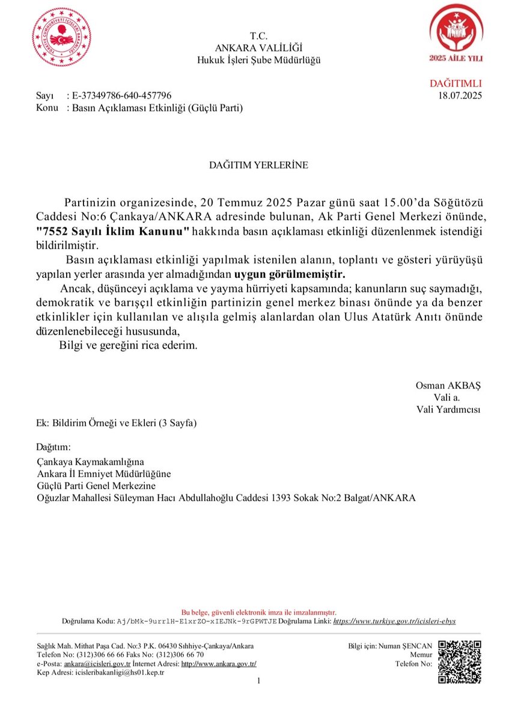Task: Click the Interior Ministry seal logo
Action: click(62, 37)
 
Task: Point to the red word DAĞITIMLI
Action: click(456, 84)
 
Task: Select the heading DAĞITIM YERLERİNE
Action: click(258, 165)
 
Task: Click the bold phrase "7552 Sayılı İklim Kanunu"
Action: click(113, 232)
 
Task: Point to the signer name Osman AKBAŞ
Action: click(448, 385)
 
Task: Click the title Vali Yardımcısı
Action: click(448, 409)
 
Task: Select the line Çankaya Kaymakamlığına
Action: click(91, 462)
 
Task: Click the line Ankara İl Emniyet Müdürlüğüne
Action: click(104, 474)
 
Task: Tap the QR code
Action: click(460, 662)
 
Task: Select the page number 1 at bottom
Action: click(258, 681)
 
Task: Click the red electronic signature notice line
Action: click(258, 612)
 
